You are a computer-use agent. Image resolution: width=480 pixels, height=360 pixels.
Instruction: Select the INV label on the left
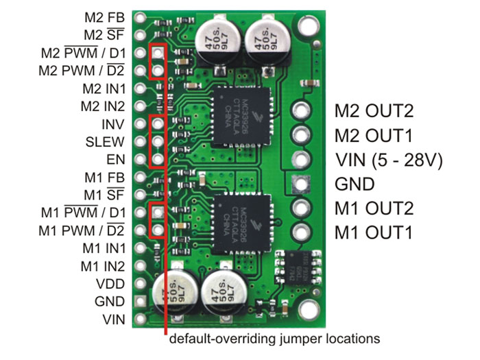click(x=112, y=125)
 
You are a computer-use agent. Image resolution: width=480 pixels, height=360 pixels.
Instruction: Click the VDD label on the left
click(x=110, y=283)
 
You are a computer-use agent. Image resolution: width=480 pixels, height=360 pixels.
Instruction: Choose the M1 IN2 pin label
click(x=103, y=265)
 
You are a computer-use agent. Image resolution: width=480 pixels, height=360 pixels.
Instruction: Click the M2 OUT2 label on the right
click(x=374, y=111)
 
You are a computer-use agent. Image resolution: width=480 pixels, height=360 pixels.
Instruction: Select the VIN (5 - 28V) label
click(x=388, y=160)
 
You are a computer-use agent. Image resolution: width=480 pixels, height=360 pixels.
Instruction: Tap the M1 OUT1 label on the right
click(x=374, y=232)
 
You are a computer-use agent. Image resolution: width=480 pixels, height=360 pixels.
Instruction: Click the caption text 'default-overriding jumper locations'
click(x=274, y=339)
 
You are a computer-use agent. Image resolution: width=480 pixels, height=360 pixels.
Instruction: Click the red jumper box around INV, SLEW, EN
click(x=158, y=142)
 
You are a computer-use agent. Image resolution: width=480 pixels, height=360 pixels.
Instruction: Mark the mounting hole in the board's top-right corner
click(x=307, y=27)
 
